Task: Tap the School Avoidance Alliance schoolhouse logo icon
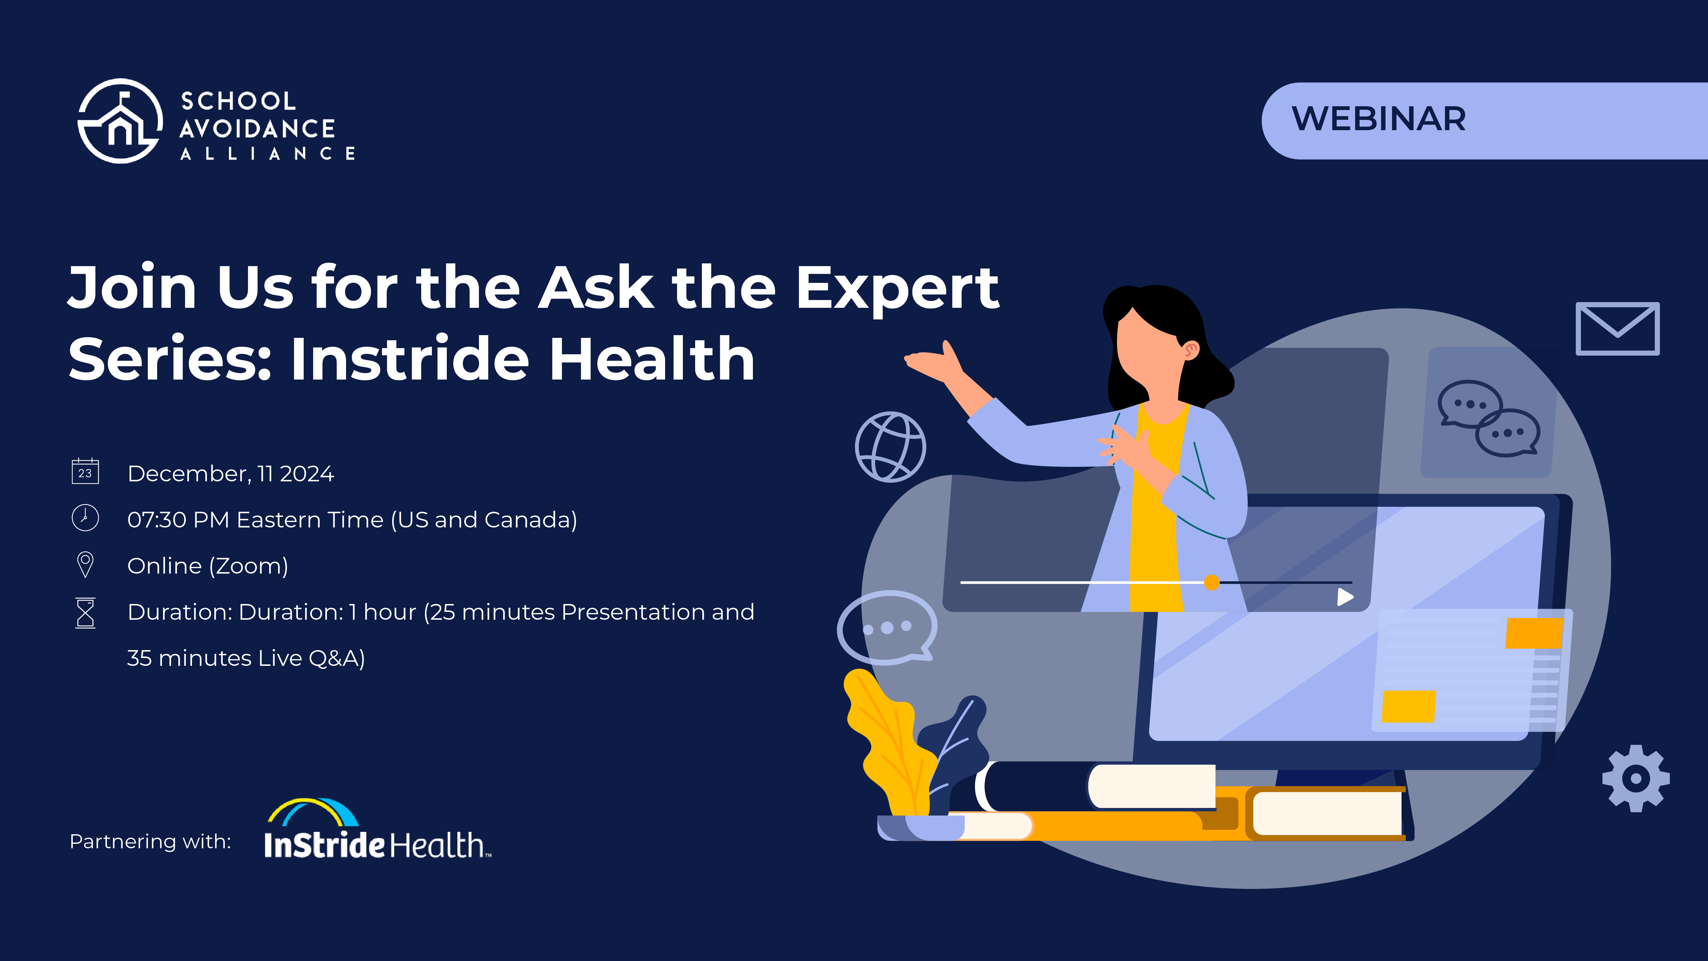tap(120, 121)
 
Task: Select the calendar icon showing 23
tap(85, 471)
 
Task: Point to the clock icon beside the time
tap(85, 518)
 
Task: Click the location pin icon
tap(85, 564)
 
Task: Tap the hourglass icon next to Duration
tap(85, 612)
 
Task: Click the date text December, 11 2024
tap(230, 473)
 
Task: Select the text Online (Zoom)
tap(208, 566)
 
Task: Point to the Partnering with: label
tap(150, 842)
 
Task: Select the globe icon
tap(890, 447)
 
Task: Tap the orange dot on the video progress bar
tap(1211, 582)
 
